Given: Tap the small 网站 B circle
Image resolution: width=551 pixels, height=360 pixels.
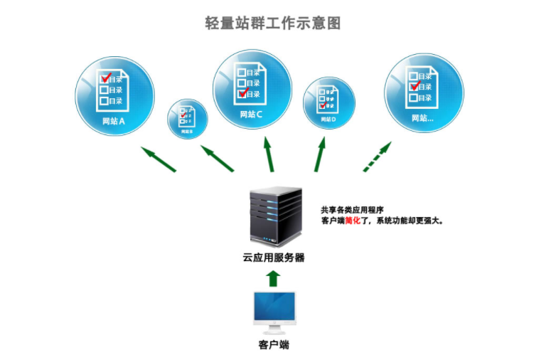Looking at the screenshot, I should pos(187,119).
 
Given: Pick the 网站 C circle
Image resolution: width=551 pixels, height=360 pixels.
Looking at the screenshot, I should pos(252,88).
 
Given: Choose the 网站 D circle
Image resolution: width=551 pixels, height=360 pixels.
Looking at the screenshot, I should pos(328,102).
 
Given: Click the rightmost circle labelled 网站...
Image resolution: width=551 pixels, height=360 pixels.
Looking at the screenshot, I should pos(423,92).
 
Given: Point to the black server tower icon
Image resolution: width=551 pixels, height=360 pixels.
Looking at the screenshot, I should pos(275,217).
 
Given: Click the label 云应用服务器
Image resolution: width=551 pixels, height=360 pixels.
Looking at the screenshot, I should pos(274,258).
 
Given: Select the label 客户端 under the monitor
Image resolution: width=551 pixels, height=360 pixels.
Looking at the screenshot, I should pos(274,346).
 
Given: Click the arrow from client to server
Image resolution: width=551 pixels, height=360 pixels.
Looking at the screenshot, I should pos(274,276).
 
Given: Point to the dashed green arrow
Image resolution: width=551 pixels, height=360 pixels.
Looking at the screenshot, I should pos(377,156).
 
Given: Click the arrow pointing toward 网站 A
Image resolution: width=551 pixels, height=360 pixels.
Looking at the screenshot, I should pos(158,159).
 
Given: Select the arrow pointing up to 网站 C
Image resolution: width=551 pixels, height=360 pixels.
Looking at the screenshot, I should pos(269,154).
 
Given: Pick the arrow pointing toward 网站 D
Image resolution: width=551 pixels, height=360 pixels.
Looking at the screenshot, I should pos(321,154).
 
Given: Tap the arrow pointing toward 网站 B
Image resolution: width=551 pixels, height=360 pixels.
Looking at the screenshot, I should pos(217,158).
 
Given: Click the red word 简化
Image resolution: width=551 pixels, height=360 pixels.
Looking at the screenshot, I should pos(354,221).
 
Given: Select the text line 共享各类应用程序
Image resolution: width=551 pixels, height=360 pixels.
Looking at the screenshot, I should pos(352,210).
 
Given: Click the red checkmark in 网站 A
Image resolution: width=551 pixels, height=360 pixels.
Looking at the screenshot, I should pos(107,75).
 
